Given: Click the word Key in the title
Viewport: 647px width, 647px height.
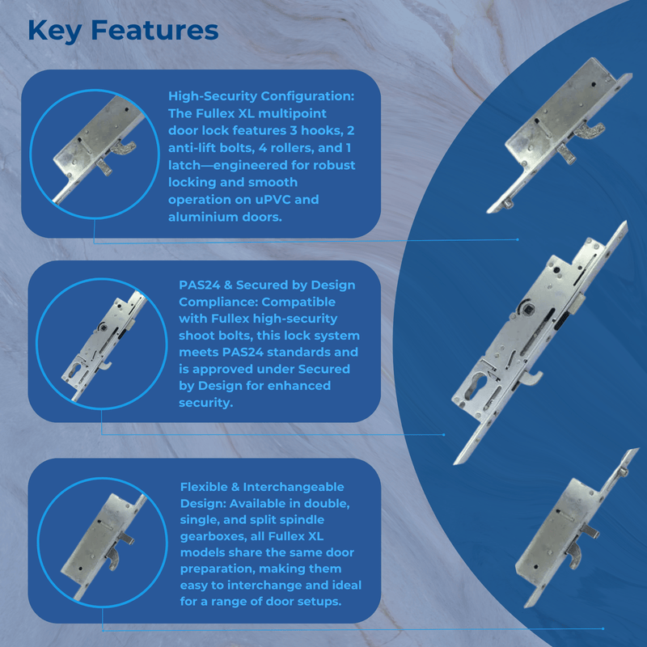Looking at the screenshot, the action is coord(54,31).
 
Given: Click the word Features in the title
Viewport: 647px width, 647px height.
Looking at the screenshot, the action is coord(154,30).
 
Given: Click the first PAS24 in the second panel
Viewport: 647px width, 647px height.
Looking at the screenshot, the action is coord(199,285).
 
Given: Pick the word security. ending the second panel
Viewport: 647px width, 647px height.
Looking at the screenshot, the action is coord(205,403).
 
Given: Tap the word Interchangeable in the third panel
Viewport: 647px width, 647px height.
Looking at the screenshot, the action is coord(294,487).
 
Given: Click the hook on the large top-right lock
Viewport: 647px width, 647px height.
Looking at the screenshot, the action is coord(590,130).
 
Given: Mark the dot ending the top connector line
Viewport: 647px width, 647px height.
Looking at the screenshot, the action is coord(518,239).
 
